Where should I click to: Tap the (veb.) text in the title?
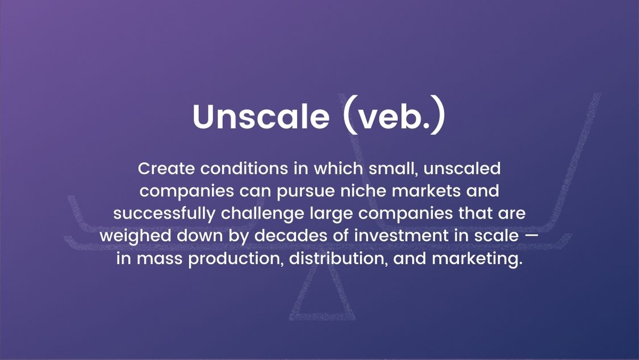click(x=394, y=115)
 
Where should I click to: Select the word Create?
click(x=166, y=169)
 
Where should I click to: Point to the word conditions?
click(x=244, y=169)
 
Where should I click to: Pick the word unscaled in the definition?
click(x=462, y=169)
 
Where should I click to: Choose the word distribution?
click(x=339, y=259)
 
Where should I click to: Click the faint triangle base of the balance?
click(x=322, y=316)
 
